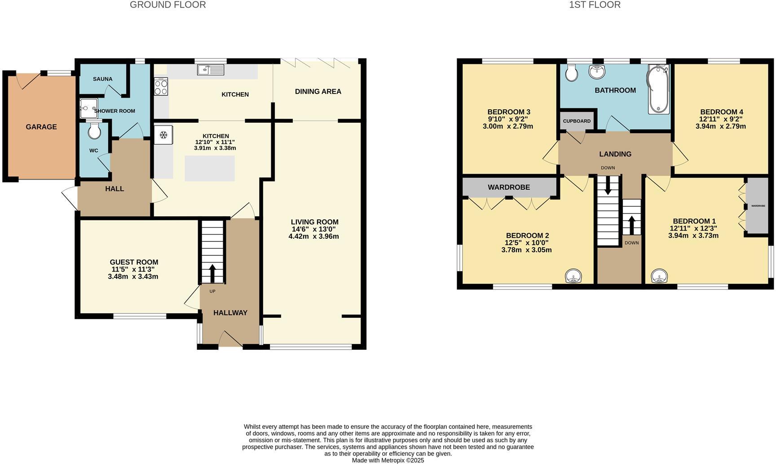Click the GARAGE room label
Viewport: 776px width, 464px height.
coord(41,127)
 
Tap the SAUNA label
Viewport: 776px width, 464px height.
coord(102,79)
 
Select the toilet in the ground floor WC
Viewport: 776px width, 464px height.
coord(94,131)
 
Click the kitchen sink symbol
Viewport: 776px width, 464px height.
coord(211,70)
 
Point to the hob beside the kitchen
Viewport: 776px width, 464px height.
coord(161,86)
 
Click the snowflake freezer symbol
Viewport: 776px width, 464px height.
coord(163,135)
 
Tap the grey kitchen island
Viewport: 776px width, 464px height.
coord(210,168)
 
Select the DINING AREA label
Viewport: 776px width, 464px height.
coord(318,92)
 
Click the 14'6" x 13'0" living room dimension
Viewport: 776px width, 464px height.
coord(314,229)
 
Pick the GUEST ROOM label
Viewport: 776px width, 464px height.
coord(134,262)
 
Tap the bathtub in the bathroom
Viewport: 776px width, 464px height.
coord(658,89)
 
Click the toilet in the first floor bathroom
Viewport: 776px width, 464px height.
coord(572,73)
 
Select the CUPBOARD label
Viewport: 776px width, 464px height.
coord(577,121)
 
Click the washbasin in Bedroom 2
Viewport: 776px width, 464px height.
coord(573,276)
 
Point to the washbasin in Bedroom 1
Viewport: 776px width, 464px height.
coord(659,275)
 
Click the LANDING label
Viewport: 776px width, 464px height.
coord(615,154)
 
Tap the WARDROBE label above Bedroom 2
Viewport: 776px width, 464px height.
coord(509,187)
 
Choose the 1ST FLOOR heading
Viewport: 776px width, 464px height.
coord(595,5)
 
